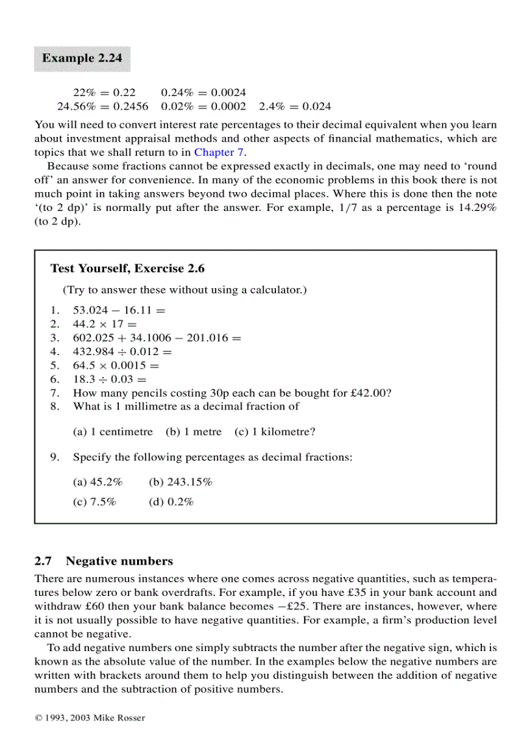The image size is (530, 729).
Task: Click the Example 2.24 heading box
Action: [x=82, y=58]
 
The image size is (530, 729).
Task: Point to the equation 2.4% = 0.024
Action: [x=295, y=106]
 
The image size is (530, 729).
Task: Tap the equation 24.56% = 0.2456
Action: [x=103, y=106]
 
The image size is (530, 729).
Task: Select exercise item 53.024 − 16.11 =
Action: [x=119, y=310]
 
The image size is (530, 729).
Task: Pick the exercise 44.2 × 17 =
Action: [x=105, y=324]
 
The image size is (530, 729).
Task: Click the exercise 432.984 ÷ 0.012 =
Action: [x=122, y=352]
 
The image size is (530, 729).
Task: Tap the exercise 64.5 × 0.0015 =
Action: [x=116, y=365]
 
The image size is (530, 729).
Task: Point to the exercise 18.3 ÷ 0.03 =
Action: [x=110, y=379]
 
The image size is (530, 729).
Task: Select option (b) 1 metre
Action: [x=194, y=432]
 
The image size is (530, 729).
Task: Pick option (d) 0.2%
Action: [x=171, y=502]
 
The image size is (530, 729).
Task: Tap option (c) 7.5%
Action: [x=94, y=502]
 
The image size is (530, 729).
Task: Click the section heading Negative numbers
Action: [x=120, y=561]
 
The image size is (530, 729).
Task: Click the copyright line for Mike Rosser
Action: [x=90, y=717]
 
